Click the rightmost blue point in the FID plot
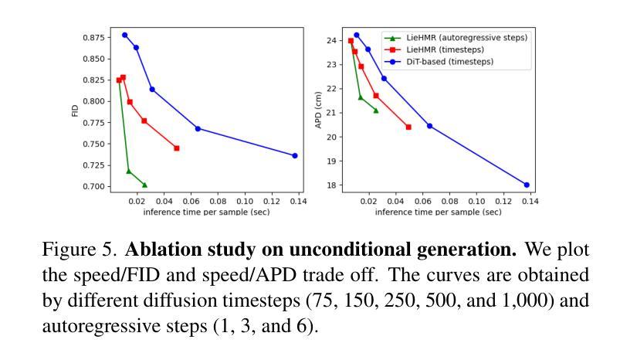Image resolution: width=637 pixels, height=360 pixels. click(295, 155)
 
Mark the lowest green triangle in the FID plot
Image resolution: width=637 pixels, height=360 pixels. click(144, 185)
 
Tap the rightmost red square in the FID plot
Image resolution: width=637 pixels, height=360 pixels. click(177, 148)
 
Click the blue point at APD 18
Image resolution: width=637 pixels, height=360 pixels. click(527, 185)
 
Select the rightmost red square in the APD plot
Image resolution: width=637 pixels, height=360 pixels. click(408, 127)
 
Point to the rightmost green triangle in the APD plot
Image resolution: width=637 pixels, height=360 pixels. click(376, 110)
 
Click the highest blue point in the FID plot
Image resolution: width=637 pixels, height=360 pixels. click(124, 35)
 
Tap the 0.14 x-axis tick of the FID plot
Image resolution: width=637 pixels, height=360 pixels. click(298, 201)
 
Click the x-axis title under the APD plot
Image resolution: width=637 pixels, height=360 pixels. click(438, 212)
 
